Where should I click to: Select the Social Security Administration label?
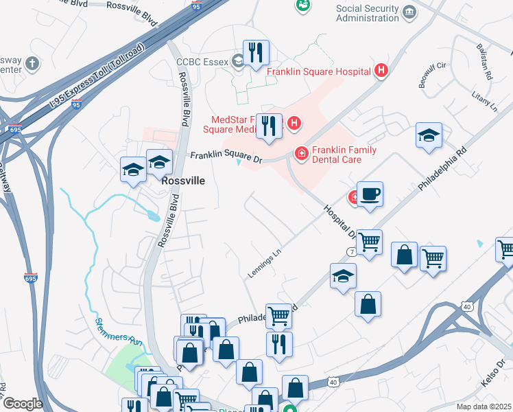point(368,13)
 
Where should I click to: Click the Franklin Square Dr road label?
point(226,158)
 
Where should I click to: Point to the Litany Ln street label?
point(484,104)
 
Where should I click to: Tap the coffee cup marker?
point(370,194)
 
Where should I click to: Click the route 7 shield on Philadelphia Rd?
point(352,253)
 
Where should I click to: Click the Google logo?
point(22,404)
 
